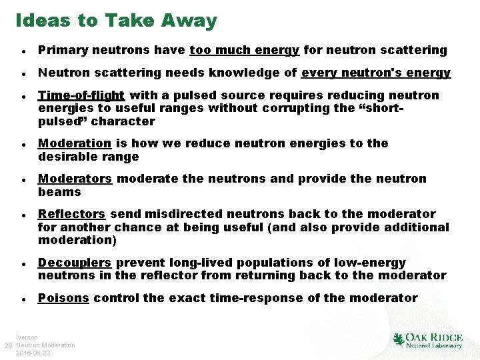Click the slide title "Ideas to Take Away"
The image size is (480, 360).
(116, 21)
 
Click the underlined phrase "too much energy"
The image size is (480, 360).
(245, 50)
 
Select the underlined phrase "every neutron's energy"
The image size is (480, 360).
(376, 73)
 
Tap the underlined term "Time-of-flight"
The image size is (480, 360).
(81, 95)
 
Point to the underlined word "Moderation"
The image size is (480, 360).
(75, 143)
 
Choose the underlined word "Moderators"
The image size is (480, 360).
(75, 179)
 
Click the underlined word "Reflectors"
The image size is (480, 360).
(71, 214)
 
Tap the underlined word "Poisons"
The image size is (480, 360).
(63, 298)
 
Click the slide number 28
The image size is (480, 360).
(8, 345)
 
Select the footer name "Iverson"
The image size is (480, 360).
(27, 337)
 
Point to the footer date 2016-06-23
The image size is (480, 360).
(33, 353)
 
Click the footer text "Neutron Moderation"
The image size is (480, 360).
(45, 345)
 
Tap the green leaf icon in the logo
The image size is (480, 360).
(399, 340)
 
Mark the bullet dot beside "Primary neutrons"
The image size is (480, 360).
(23, 51)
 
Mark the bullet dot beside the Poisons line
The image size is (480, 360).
(23, 299)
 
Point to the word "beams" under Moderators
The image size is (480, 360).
(59, 192)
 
